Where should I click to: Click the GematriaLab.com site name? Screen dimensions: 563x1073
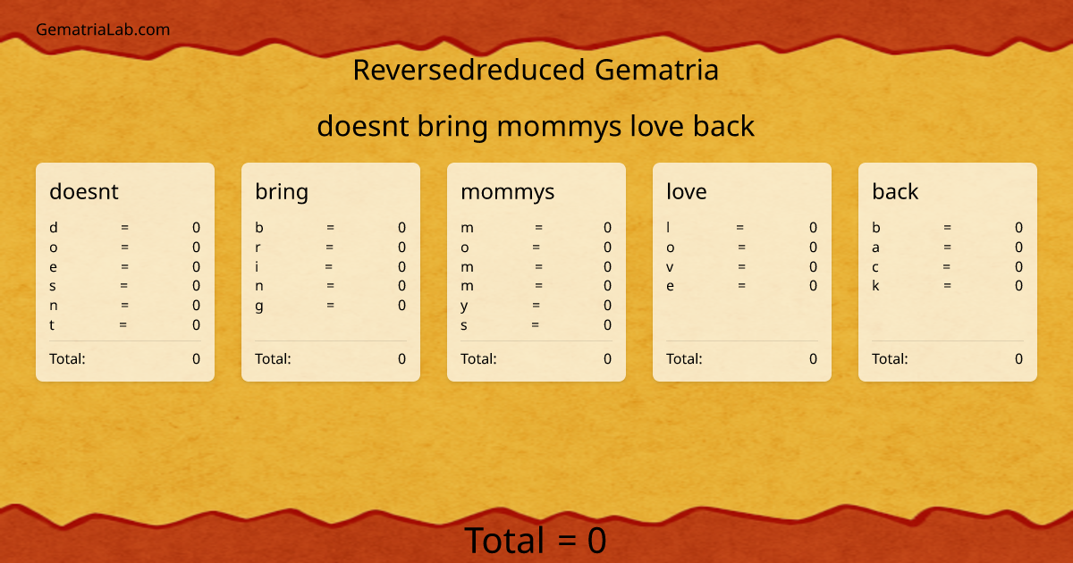click(x=103, y=29)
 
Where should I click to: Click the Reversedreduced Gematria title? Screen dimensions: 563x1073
click(x=536, y=70)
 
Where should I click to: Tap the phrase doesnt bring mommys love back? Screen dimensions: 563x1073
click(x=536, y=127)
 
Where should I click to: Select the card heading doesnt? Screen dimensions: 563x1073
click(x=84, y=191)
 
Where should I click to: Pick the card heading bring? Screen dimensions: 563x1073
click(x=282, y=191)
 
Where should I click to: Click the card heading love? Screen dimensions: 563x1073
click(x=686, y=191)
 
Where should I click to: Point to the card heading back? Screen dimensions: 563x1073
click(x=895, y=191)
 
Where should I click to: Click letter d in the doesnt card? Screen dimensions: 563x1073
click(x=54, y=228)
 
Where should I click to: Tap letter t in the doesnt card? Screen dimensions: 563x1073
click(x=52, y=325)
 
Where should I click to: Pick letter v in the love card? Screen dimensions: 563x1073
click(x=670, y=267)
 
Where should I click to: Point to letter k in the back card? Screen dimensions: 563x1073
click(x=876, y=286)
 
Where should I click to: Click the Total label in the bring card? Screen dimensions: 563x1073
click(x=273, y=359)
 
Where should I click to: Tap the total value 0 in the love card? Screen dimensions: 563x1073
click(x=813, y=359)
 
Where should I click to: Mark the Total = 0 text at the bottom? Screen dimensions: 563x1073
click(x=536, y=541)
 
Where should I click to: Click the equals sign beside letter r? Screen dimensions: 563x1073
click(x=330, y=248)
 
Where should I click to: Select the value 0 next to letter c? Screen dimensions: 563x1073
click(x=1018, y=267)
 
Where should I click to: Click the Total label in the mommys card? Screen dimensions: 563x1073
click(x=478, y=359)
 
